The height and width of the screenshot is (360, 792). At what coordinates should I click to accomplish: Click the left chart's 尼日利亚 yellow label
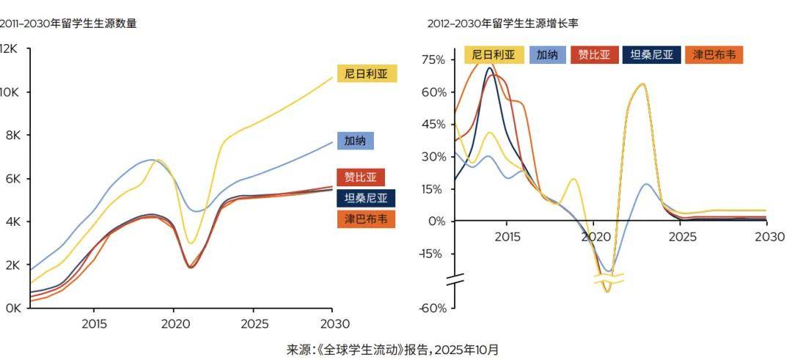pyautogui.click(x=367, y=73)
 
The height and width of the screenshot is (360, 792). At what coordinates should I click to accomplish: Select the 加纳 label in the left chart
pyautogui.click(x=355, y=140)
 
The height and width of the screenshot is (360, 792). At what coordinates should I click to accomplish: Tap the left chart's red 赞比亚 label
pyautogui.click(x=361, y=177)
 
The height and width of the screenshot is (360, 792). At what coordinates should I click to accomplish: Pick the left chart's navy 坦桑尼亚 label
pyautogui.click(x=366, y=198)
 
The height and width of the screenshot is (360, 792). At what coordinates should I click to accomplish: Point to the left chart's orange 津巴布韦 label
pyautogui.click(x=366, y=218)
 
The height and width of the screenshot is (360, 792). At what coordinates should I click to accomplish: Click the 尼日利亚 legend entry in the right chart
pyautogui.click(x=494, y=55)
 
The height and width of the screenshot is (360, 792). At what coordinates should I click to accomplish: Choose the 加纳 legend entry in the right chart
pyautogui.click(x=546, y=55)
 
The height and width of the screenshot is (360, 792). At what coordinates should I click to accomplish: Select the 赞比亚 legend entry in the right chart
pyautogui.click(x=594, y=55)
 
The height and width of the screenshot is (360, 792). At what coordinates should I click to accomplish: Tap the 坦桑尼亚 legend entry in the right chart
pyautogui.click(x=651, y=55)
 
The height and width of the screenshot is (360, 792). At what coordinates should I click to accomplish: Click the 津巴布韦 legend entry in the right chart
pyautogui.click(x=714, y=55)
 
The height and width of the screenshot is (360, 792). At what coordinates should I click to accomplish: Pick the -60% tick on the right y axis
pyautogui.click(x=433, y=308)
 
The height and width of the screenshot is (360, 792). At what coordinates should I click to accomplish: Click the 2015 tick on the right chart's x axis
pyautogui.click(x=507, y=238)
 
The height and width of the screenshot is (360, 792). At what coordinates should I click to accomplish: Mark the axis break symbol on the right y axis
pyautogui.click(x=455, y=279)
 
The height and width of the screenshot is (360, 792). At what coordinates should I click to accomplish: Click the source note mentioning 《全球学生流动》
pyautogui.click(x=392, y=350)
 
